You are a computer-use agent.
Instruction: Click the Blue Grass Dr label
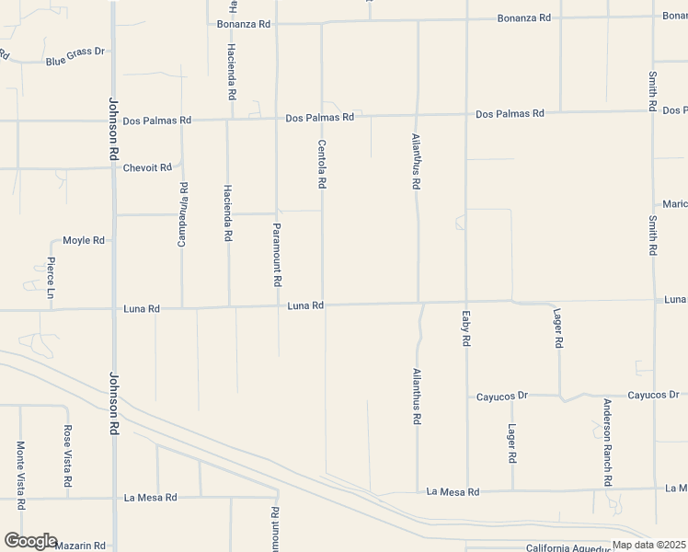75,62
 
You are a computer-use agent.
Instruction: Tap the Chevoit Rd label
147,167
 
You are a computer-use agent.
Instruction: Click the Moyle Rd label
83,240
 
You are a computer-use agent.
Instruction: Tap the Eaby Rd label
466,328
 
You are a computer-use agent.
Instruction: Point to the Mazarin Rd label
80,546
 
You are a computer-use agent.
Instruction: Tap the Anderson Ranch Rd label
607,443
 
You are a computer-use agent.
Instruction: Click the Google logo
29,541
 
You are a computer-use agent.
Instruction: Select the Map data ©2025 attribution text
649,546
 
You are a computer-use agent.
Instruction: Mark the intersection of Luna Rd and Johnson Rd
113,309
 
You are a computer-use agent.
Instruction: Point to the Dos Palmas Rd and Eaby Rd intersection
465,115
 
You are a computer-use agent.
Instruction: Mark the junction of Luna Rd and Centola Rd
322,305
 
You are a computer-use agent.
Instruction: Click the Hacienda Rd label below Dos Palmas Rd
227,213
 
